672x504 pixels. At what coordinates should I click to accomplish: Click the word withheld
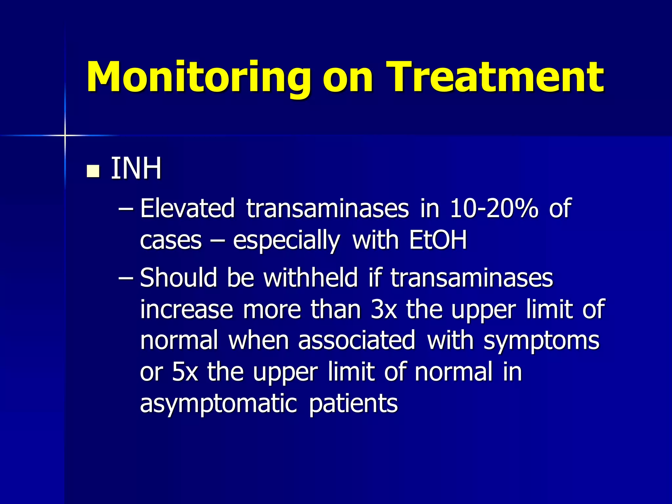pos(310,278)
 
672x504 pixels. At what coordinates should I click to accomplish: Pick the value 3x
pos(383,309)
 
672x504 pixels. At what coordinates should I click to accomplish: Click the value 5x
pos(185,372)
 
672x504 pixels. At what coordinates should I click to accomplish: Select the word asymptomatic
pos(218,404)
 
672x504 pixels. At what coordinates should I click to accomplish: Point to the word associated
pos(357,340)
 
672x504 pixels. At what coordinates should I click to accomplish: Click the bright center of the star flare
pos(65,135)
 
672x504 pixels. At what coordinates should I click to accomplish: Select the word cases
pos(171,241)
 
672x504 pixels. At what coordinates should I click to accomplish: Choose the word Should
pos(178,278)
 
